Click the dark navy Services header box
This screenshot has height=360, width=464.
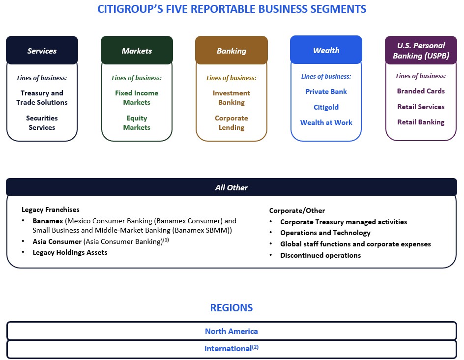tap(42, 51)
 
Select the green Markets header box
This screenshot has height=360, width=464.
tap(137, 51)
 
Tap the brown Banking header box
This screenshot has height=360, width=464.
tap(232, 51)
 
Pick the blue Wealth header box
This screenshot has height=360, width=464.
tap(326, 50)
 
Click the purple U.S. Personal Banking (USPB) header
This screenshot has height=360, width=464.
tap(421, 51)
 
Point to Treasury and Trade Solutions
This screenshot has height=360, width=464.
tap(42, 97)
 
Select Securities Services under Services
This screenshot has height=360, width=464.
tap(42, 122)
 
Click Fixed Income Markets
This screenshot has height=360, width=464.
tap(137, 97)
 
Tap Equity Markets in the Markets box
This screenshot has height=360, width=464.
tap(137, 122)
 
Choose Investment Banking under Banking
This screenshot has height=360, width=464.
tap(232, 97)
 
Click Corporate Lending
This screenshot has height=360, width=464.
tap(232, 122)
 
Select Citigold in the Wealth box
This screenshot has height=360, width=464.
tap(326, 107)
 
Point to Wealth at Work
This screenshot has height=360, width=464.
tap(326, 122)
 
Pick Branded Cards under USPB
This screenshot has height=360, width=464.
tap(421, 91)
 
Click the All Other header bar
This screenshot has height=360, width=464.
tap(232, 187)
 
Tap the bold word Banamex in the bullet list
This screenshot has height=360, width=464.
tap(48, 221)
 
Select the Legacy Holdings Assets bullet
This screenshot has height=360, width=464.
tap(70, 252)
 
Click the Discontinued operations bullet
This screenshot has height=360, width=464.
tap(320, 255)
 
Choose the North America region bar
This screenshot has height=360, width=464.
tap(232, 331)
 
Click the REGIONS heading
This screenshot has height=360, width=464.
tap(232, 308)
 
